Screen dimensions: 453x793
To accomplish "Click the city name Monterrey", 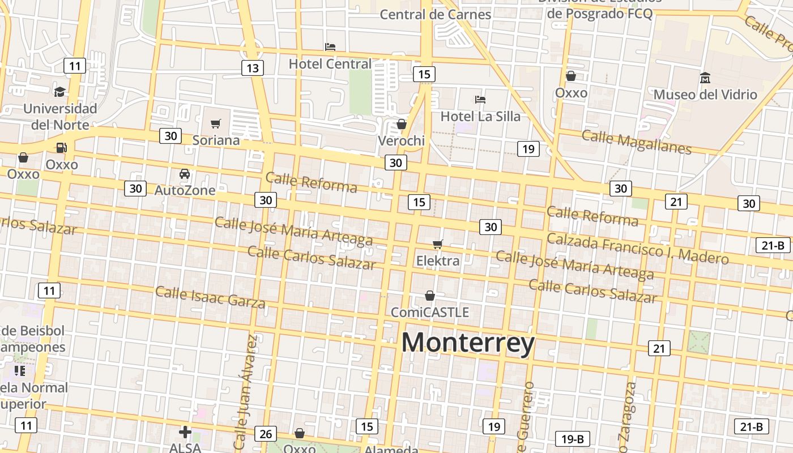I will (x=468, y=343).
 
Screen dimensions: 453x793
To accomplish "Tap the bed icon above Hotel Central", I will (x=330, y=46).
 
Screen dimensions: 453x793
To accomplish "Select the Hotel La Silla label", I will (x=480, y=116).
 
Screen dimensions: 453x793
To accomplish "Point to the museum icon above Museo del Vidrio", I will (x=705, y=78).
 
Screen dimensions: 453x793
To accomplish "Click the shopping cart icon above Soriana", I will (x=215, y=123).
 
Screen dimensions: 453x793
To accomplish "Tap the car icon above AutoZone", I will (x=185, y=174).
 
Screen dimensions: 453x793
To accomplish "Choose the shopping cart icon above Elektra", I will (x=437, y=245).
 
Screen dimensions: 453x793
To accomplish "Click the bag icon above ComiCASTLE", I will (x=430, y=296).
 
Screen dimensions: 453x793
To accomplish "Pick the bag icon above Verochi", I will (x=402, y=124).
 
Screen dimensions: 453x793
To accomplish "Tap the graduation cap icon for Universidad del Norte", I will (x=59, y=92).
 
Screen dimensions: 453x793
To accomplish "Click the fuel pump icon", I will (x=61, y=148).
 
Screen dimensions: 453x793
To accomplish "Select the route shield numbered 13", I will (x=252, y=69).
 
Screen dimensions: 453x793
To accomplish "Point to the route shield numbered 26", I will (x=265, y=434).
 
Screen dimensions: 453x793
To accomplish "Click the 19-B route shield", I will (x=572, y=439).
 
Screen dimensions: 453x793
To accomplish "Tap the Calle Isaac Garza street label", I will (x=210, y=297).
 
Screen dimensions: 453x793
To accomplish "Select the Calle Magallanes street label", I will (x=636, y=142).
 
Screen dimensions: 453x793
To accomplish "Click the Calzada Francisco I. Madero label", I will (x=637, y=249).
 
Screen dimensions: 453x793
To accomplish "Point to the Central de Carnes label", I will (x=435, y=14).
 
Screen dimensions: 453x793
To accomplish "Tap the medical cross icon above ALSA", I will (x=185, y=432).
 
